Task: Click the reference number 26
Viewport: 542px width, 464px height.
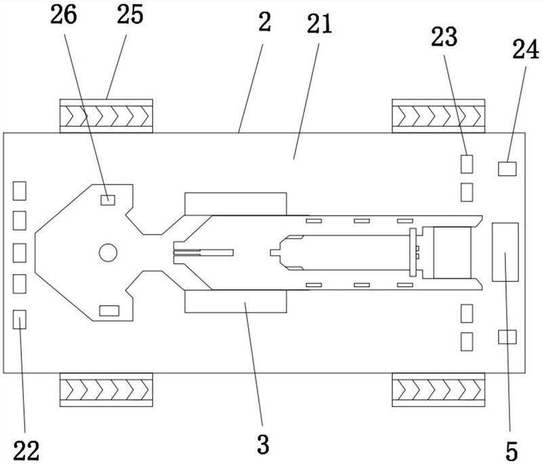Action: click(63, 16)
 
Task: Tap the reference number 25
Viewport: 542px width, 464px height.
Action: click(130, 15)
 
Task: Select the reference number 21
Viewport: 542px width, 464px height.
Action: click(319, 24)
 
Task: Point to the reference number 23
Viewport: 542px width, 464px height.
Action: click(444, 37)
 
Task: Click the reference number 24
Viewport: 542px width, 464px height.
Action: click(526, 50)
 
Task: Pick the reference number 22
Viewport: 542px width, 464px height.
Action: click(26, 450)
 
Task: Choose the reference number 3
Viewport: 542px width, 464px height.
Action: click(263, 444)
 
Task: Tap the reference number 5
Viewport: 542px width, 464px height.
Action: click(512, 451)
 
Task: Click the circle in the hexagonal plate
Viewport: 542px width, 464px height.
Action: click(108, 252)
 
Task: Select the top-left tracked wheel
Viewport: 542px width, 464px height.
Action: click(106, 116)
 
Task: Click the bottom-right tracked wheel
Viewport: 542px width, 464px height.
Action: click(438, 389)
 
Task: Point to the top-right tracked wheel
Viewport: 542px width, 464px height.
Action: click(438, 116)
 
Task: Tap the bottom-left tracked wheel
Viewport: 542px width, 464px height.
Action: click(106, 389)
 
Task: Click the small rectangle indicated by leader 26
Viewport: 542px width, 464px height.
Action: click(108, 200)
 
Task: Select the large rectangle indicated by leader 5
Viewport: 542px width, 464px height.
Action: click(505, 252)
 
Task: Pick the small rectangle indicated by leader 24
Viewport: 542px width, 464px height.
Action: click(507, 169)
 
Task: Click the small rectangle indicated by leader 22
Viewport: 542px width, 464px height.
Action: click(20, 320)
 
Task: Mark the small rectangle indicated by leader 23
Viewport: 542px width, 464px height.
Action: click(467, 164)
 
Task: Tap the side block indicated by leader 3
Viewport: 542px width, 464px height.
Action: click(236, 302)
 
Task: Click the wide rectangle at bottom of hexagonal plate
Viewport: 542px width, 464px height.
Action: click(109, 311)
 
